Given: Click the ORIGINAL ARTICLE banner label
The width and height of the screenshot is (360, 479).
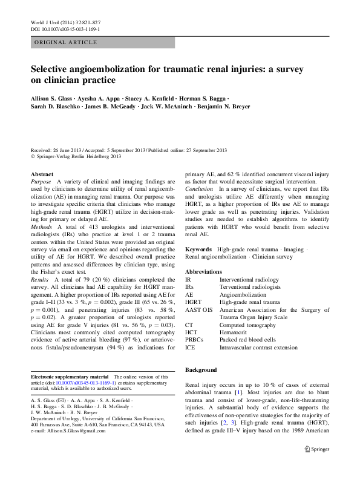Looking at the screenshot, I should click(x=65, y=42).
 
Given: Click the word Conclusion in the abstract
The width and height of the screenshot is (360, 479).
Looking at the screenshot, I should click(x=199, y=189).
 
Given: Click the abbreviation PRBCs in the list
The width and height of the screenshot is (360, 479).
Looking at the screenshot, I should click(x=194, y=339).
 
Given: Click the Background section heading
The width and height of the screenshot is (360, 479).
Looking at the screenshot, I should click(x=201, y=369).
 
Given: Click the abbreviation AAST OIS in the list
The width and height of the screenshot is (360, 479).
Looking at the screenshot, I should click(x=198, y=309).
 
